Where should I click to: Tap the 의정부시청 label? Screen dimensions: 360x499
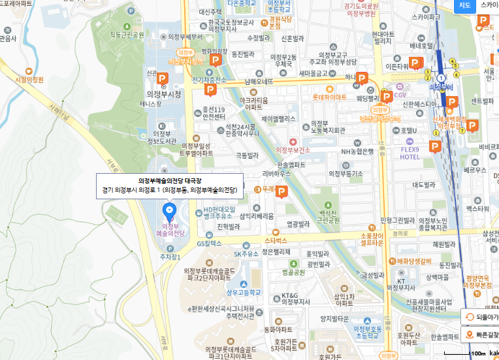[164, 93]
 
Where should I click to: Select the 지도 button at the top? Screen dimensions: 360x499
[464, 6]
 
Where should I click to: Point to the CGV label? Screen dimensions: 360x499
[400, 95]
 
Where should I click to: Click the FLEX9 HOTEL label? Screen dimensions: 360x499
[410, 153]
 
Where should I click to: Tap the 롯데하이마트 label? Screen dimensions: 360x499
[329, 97]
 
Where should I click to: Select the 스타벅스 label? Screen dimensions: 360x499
[276, 240]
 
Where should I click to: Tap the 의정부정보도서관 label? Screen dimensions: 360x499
[162, 137]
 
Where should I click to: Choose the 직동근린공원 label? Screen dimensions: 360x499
[126, 35]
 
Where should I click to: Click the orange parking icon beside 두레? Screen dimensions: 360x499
[282, 191]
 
